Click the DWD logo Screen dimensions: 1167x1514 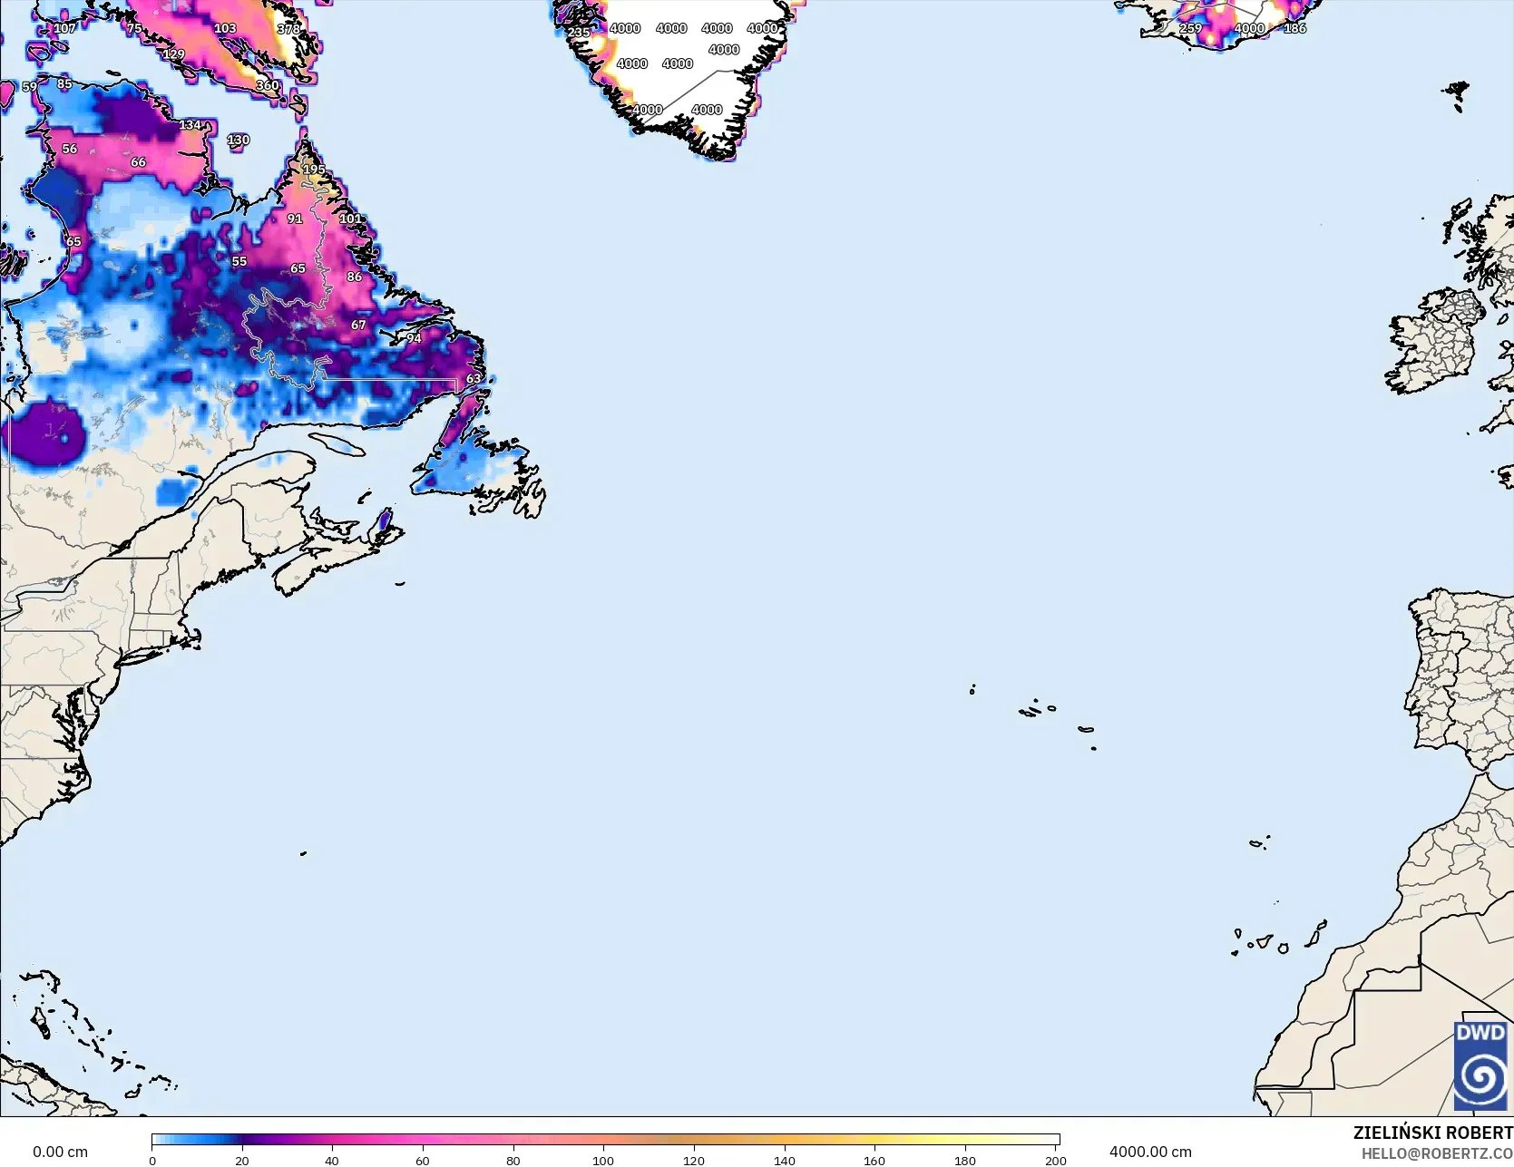pyautogui.click(x=1480, y=1065)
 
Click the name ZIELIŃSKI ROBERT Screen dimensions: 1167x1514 pyautogui.click(x=1432, y=1133)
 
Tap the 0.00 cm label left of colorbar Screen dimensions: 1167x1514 pyautogui.click(x=60, y=1152)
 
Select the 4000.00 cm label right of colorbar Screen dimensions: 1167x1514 pyautogui.click(x=1150, y=1152)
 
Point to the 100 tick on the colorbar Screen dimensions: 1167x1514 pyautogui.click(x=603, y=1160)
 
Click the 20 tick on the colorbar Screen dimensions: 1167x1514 pyautogui.click(x=241, y=1160)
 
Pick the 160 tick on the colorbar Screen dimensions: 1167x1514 pyautogui.click(x=874, y=1160)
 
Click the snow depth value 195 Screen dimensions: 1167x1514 pyautogui.click(x=314, y=170)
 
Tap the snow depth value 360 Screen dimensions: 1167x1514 pyautogui.click(x=267, y=85)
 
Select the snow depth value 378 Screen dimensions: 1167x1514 pyautogui.click(x=288, y=29)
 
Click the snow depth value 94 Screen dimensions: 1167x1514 pyautogui.click(x=414, y=338)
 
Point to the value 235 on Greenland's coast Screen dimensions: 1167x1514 pyautogui.click(x=578, y=33)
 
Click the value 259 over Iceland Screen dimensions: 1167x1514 pyautogui.click(x=1190, y=28)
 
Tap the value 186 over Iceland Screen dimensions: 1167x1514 pyautogui.click(x=1294, y=28)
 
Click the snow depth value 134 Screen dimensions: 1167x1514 pyautogui.click(x=190, y=125)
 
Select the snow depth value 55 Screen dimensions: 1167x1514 pyautogui.click(x=239, y=261)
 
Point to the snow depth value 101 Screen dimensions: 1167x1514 pyautogui.click(x=350, y=219)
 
